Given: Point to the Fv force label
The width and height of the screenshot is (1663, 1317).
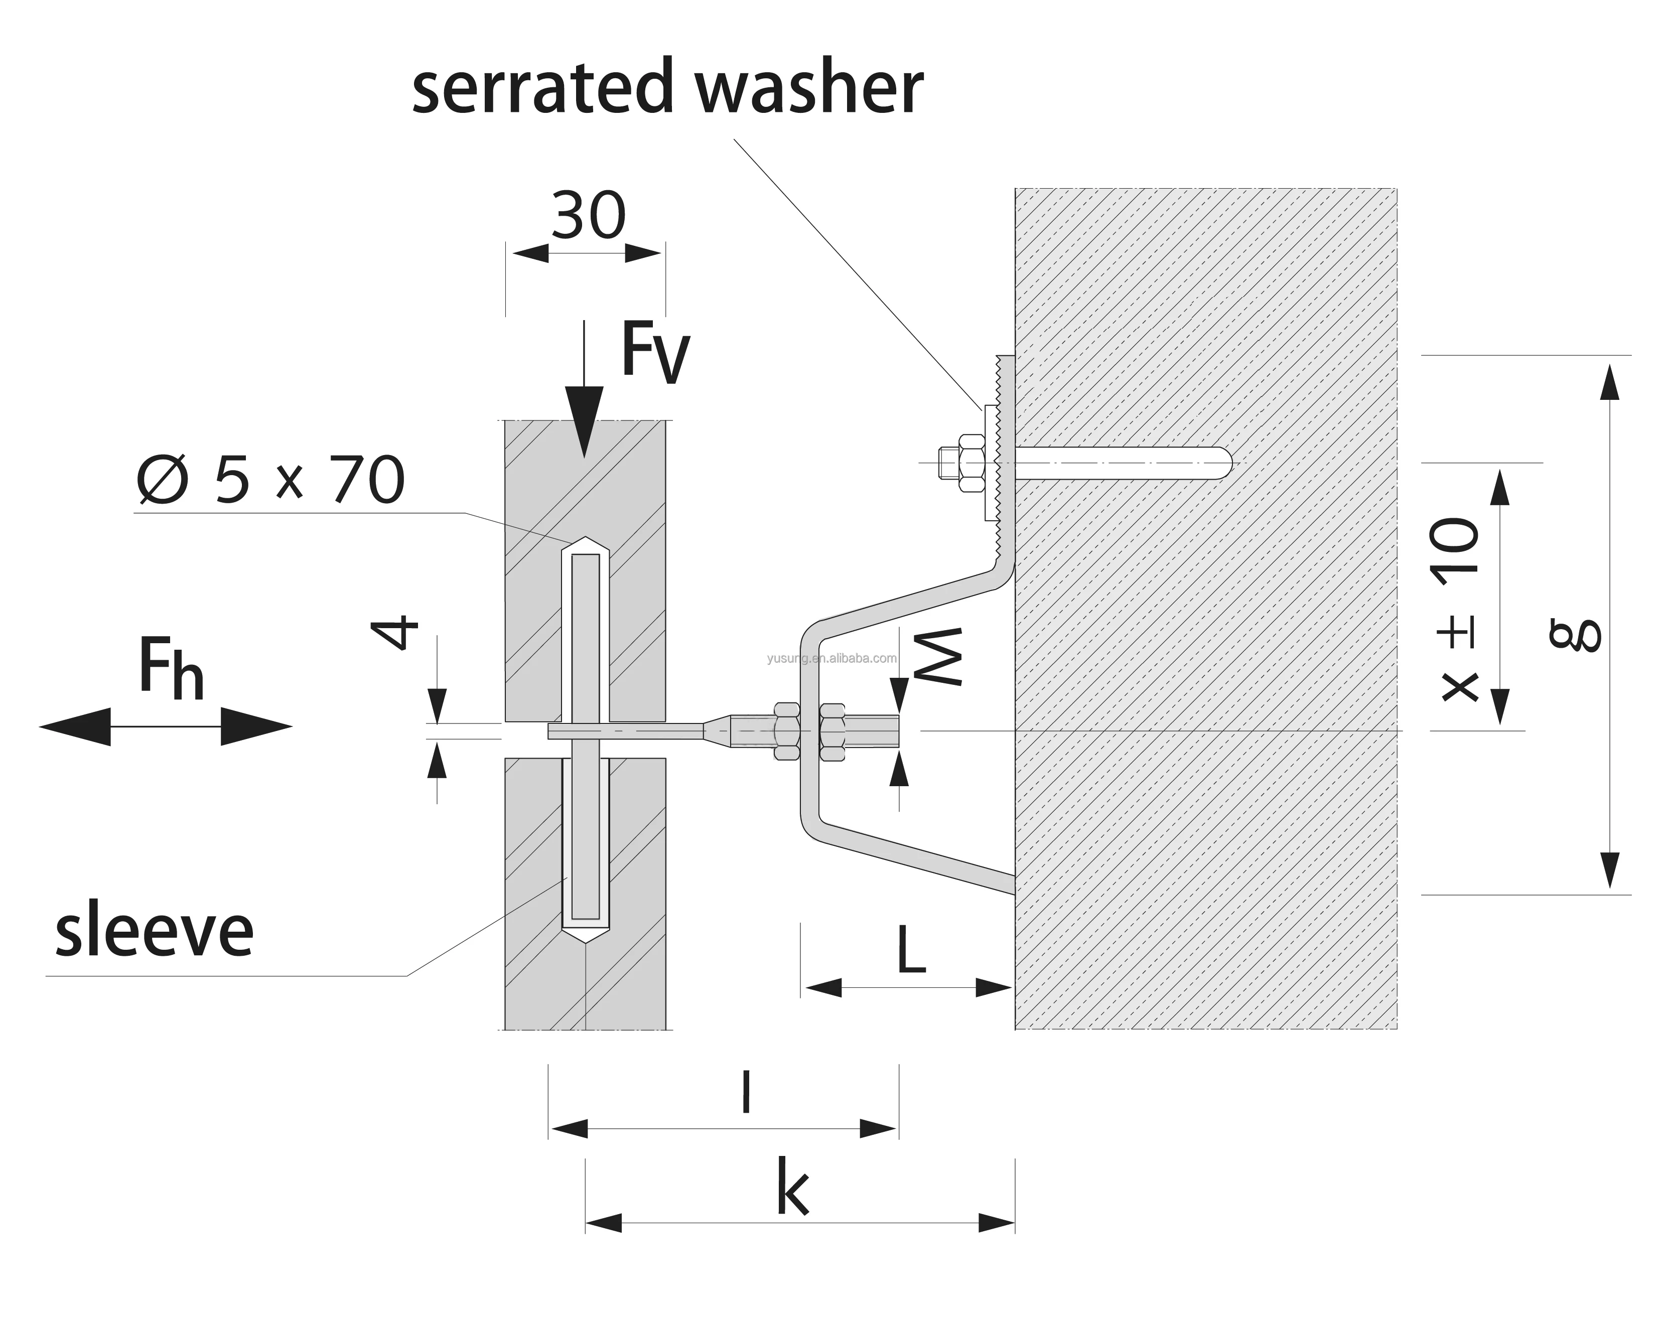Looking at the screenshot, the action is pyautogui.click(x=655, y=353).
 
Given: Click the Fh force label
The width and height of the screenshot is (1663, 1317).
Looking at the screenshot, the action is pyautogui.click(x=171, y=668).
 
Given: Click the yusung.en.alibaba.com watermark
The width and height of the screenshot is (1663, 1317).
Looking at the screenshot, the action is pyautogui.click(x=831, y=658).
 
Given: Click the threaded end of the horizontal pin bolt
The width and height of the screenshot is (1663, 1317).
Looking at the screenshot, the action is pyautogui.click(x=872, y=729).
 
